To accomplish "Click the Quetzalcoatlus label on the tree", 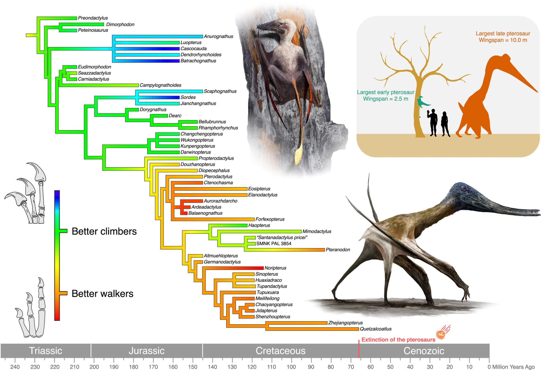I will [375, 329].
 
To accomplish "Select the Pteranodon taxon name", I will [338, 250].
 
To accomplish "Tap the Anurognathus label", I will [218, 36].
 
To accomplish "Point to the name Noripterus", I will [275, 268].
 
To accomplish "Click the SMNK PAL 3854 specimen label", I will [274, 243].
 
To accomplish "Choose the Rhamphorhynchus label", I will [218, 128].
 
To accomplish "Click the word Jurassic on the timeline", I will [146, 351].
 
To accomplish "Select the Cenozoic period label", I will [424, 351].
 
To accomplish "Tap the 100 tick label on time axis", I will [291, 367].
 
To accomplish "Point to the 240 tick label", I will [15, 367].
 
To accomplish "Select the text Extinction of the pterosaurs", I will [398, 340].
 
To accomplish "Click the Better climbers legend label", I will [104, 231].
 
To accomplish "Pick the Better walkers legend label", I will [102, 294].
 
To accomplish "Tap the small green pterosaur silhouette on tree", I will [422, 103].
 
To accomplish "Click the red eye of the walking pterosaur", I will [464, 188].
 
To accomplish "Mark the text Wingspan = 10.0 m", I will [503, 40].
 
